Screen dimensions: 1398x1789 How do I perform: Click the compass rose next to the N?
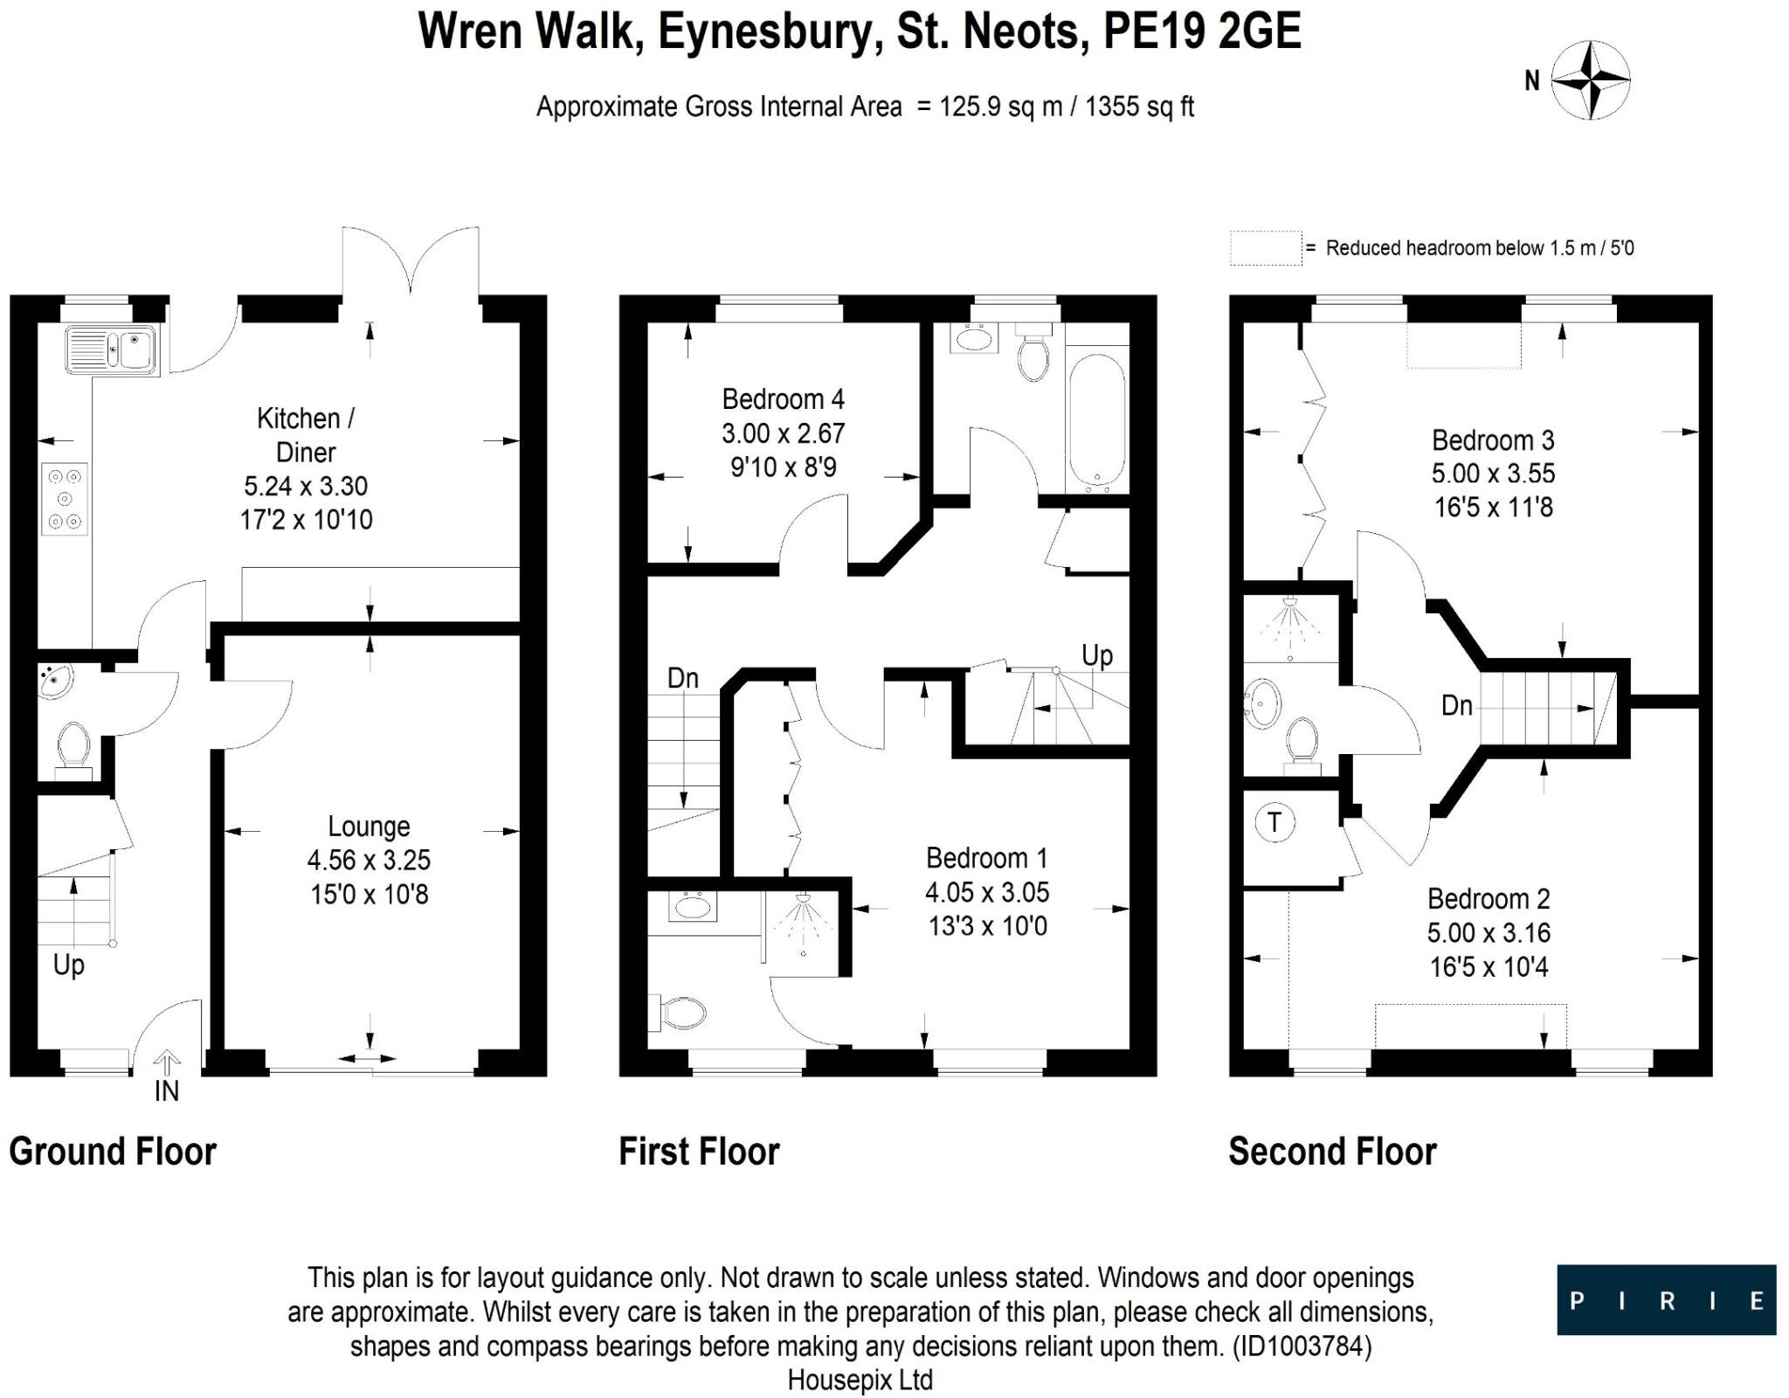pyautogui.click(x=1590, y=80)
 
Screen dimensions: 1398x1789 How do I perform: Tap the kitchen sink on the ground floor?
pyautogui.click(x=111, y=349)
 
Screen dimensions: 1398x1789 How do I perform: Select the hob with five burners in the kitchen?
pyautogui.click(x=65, y=499)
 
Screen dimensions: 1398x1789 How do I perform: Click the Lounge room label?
pyautogui.click(x=369, y=827)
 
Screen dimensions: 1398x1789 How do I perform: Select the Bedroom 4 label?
pyautogui.click(x=783, y=399)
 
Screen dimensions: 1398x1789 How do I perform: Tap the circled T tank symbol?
pyautogui.click(x=1274, y=822)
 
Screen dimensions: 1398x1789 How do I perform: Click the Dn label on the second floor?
pyautogui.click(x=1456, y=705)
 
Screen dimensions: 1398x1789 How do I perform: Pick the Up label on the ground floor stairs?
pyautogui.click(x=69, y=965)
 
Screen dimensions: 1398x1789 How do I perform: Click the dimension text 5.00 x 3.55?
pyautogui.click(x=1493, y=474)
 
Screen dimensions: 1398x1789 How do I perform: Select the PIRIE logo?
pyautogui.click(x=1666, y=1299)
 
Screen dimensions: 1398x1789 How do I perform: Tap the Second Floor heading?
pyautogui.click(x=1332, y=1152)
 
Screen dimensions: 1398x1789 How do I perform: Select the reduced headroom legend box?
pyautogui.click(x=1265, y=248)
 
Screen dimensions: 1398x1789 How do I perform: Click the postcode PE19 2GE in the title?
pyautogui.click(x=1202, y=31)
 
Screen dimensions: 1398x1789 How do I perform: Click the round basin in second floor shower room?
pyautogui.click(x=1261, y=703)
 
